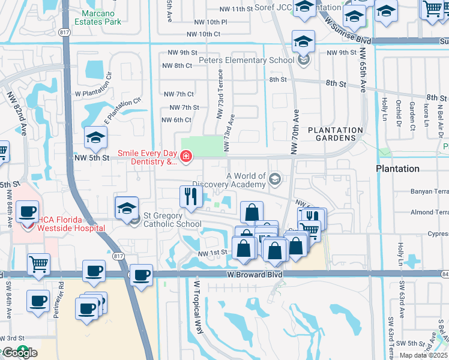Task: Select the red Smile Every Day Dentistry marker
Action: (186, 157)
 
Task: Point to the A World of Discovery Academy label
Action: (245, 180)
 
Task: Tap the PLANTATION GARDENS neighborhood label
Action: (336, 134)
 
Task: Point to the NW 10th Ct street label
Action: (203, 34)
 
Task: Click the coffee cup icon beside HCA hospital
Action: (28, 212)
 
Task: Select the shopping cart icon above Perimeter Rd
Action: (38, 263)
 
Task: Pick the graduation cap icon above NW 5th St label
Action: (95, 138)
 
